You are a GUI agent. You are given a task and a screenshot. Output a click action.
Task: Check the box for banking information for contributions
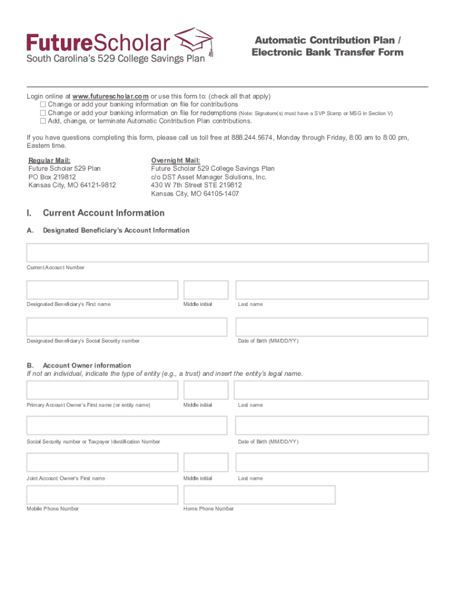(43, 105)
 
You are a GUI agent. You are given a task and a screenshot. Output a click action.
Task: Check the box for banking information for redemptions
(43, 113)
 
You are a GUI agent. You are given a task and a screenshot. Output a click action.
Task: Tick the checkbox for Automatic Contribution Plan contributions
(43, 121)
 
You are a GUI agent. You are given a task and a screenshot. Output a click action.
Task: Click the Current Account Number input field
(227, 253)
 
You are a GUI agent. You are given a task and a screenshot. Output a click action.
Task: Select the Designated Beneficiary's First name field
(102, 290)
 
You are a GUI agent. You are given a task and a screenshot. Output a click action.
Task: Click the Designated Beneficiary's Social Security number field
(126, 327)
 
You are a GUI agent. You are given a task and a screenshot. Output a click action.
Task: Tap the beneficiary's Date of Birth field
(332, 327)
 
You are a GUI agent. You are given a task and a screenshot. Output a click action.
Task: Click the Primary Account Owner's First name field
(102, 391)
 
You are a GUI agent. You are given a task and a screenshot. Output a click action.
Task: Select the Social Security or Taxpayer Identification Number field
(126, 426)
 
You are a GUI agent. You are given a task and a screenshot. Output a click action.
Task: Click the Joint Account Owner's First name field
(102, 463)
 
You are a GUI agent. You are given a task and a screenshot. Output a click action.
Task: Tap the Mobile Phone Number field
(102, 495)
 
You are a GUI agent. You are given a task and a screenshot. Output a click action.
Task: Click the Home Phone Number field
(259, 495)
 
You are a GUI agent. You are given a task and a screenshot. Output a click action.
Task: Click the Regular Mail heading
(50, 161)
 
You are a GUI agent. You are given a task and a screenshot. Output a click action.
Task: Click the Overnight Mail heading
(175, 161)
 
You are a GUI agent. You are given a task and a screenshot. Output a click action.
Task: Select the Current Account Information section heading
(103, 213)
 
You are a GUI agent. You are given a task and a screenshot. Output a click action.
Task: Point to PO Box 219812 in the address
(53, 177)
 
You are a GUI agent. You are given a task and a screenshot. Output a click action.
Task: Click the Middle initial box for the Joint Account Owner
(206, 463)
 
